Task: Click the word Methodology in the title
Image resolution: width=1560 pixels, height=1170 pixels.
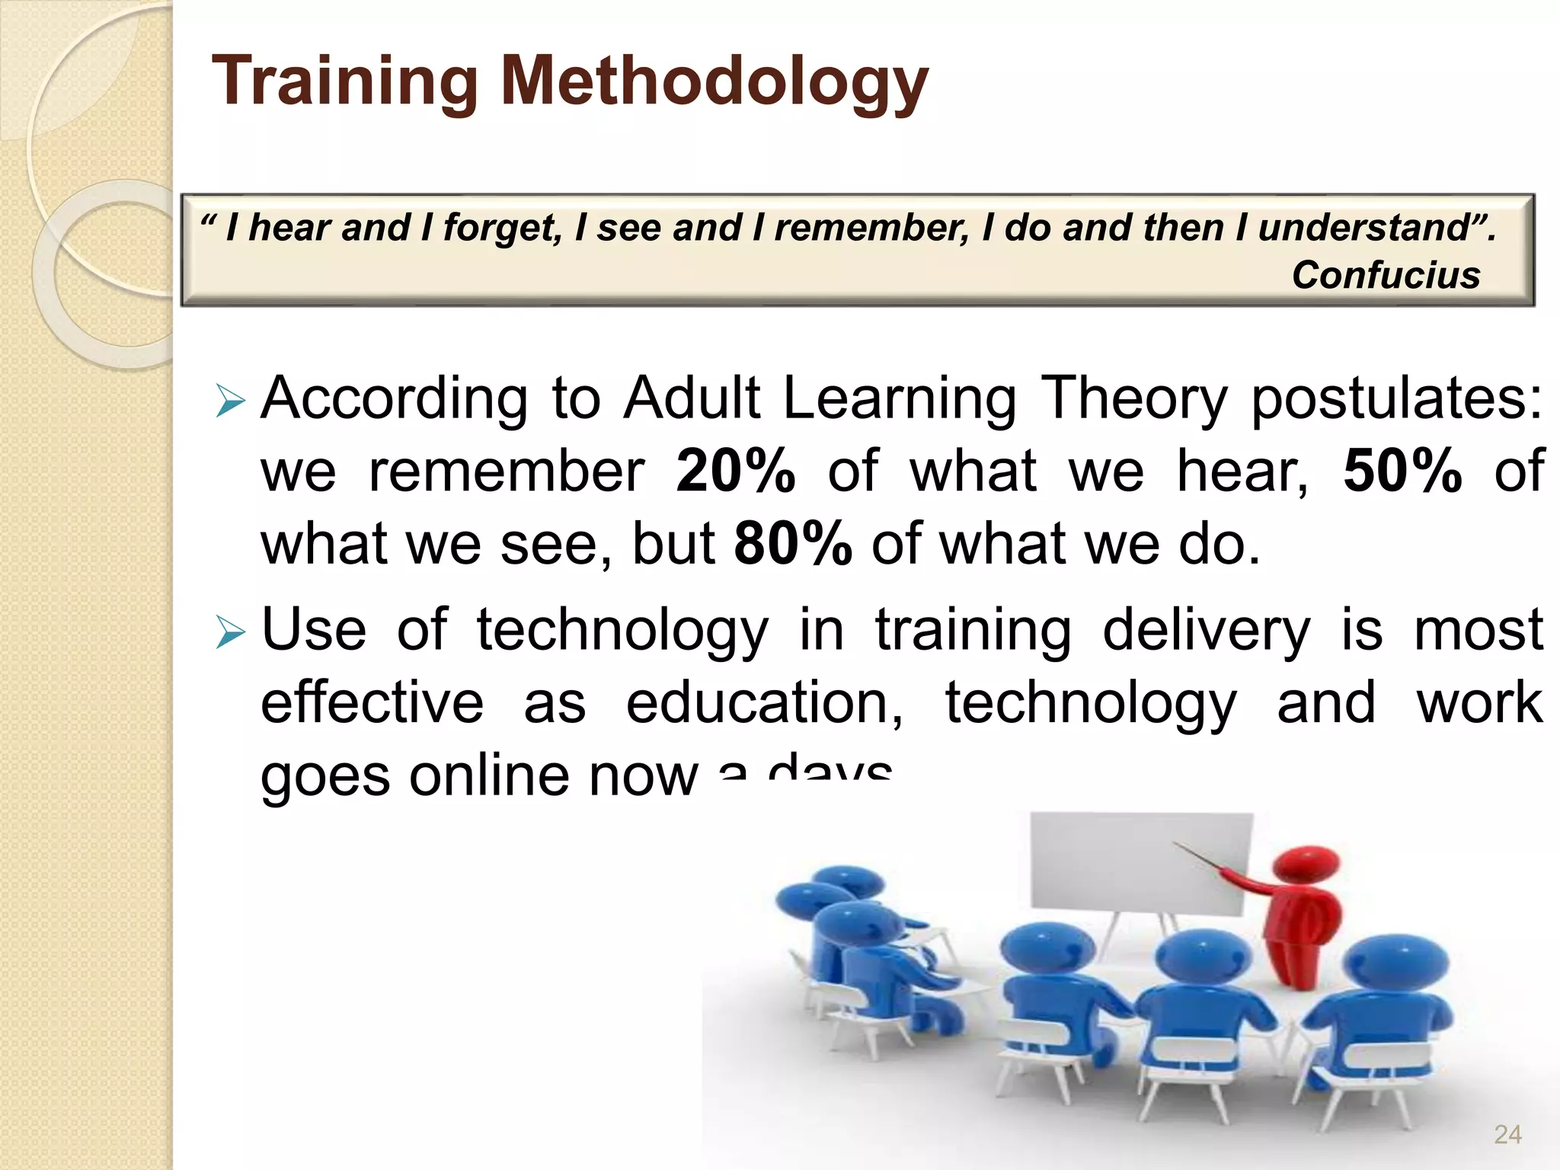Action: coord(714,82)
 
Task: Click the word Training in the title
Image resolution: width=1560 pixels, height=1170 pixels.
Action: coord(345,82)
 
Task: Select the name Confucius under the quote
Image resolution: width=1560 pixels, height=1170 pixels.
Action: coord(1386,275)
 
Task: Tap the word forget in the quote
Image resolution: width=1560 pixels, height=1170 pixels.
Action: coord(501,228)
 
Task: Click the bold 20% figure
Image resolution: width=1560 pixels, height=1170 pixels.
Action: coord(736,471)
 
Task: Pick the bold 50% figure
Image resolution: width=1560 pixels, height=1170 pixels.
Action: coord(1402,471)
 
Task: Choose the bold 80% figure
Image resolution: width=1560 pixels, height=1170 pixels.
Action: coord(792,544)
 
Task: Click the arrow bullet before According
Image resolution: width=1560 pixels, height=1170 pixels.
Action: coord(229,401)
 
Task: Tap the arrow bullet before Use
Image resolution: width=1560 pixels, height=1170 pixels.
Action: coord(229,632)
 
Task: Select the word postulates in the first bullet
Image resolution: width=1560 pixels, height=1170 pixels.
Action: coord(1396,399)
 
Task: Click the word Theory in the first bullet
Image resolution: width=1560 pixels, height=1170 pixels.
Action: coord(1133,399)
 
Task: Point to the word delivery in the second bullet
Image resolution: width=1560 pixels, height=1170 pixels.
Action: coord(1207,631)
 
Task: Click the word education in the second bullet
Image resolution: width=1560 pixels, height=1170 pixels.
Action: coord(764,702)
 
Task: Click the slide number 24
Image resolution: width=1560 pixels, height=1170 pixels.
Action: coord(1507,1135)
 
